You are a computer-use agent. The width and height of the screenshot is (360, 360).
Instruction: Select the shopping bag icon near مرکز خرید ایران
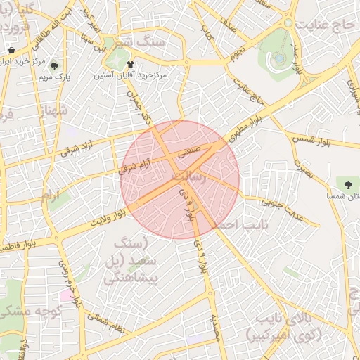pyautogui.click(x=13, y=51)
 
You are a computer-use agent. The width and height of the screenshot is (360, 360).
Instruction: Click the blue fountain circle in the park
pyautogui.click(x=279, y=57)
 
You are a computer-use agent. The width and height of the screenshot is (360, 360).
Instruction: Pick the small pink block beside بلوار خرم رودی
pyautogui.click(x=65, y=294)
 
